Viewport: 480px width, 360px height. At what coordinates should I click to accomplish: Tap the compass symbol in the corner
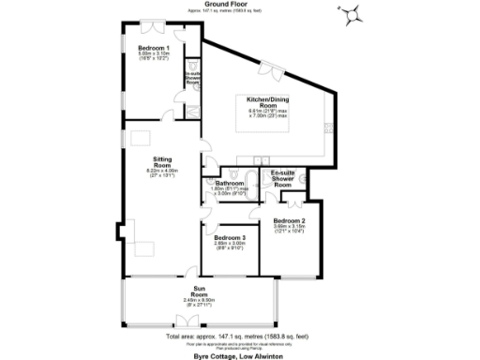click(354, 14)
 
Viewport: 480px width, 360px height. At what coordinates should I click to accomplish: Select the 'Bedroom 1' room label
click(154, 48)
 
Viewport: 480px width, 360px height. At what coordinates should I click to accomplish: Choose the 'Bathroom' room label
click(231, 184)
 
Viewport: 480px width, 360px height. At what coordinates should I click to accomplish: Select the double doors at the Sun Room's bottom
click(199, 322)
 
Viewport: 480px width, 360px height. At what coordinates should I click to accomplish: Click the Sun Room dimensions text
click(199, 300)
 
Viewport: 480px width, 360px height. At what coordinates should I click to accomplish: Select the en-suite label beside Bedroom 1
click(192, 77)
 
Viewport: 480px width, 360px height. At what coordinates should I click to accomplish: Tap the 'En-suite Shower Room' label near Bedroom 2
click(283, 177)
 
